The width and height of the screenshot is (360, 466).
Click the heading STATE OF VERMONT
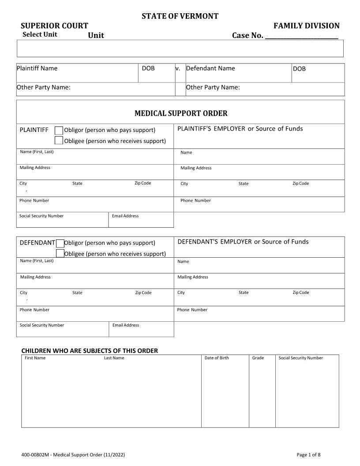180,16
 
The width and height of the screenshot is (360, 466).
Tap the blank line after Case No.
301,36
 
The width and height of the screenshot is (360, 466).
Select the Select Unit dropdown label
40,34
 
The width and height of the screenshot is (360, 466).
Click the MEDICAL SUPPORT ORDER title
181,113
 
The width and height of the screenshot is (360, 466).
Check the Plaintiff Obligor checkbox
59,130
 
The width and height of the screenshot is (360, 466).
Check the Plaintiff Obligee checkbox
59,141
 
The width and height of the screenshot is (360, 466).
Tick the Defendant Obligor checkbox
60,243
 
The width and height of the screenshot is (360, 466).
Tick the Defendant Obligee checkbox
60,253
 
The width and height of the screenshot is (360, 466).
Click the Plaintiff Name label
37,68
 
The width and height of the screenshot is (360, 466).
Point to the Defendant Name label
210,68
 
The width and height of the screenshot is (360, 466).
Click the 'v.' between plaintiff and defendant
178,68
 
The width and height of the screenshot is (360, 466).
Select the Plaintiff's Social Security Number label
41,216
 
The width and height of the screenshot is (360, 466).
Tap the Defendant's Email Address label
126,325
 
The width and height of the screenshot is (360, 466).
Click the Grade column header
258,358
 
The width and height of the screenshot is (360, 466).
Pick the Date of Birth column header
217,358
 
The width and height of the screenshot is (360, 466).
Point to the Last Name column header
114,358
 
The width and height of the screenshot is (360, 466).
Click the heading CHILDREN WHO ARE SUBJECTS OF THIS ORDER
90,351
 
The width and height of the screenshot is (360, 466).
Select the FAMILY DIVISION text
307,26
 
